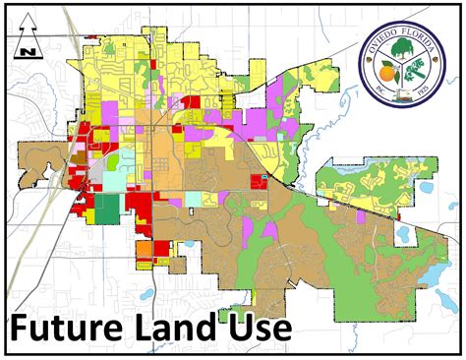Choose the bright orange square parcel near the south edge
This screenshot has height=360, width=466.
(x=145, y=250)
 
